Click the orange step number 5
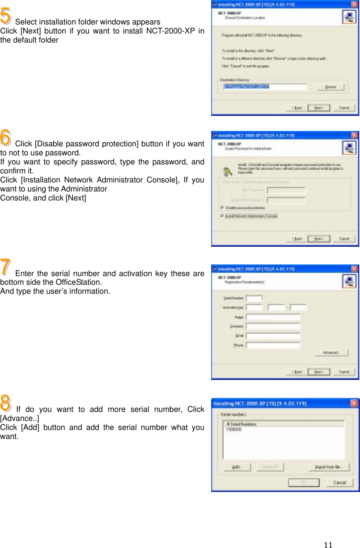click(6, 16)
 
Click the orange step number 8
click(6, 403)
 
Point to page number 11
click(328, 545)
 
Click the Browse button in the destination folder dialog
click(331, 87)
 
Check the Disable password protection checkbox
click(222, 208)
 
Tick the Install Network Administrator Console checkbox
click(222, 216)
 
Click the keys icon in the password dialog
click(228, 172)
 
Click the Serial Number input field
click(254, 298)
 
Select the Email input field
click(273, 335)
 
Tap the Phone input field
click(273, 345)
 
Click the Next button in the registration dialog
click(319, 372)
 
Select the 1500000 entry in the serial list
click(234, 429)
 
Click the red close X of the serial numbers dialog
click(354, 403)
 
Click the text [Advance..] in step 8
click(20, 418)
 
